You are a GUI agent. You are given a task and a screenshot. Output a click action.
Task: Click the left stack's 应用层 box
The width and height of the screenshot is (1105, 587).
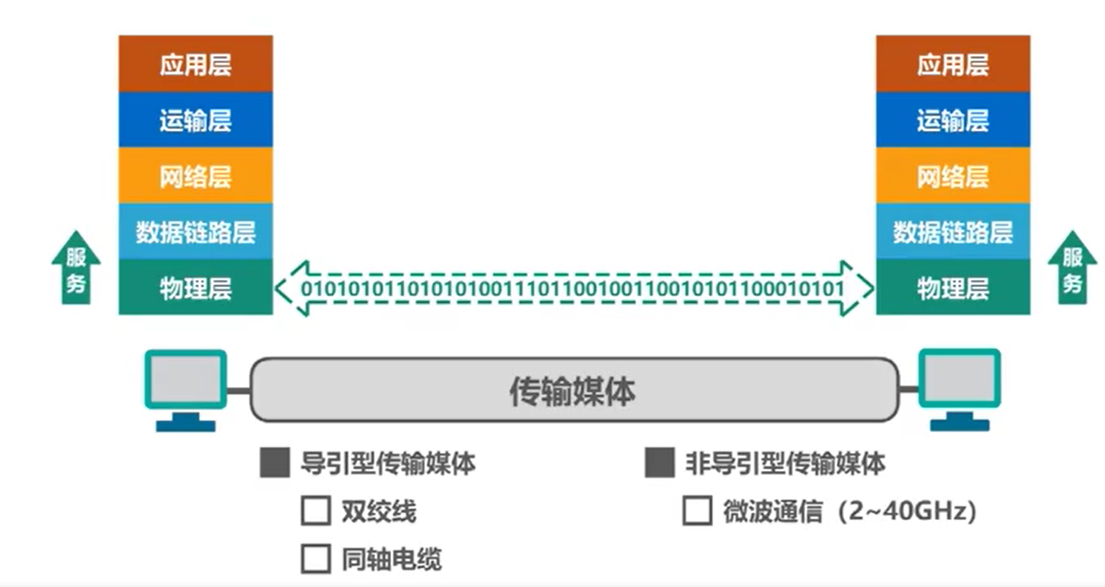[x=195, y=64]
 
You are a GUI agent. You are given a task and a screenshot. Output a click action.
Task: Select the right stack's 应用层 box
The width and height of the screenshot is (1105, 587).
[x=952, y=64]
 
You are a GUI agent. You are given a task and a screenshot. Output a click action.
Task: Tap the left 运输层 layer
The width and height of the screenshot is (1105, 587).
[x=195, y=120]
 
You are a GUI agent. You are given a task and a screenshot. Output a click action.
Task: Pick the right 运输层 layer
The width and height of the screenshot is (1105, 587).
[x=952, y=120]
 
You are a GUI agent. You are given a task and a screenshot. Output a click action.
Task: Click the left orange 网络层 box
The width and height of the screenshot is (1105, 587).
[x=195, y=176]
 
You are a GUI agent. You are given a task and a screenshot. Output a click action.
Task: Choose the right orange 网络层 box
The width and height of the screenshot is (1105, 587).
[x=952, y=176]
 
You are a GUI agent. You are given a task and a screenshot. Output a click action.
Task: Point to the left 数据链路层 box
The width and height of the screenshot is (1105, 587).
[x=195, y=232]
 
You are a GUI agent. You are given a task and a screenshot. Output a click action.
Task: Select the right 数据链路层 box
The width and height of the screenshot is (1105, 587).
[x=952, y=232]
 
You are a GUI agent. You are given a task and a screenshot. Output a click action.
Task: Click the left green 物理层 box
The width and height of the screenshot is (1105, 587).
[x=195, y=288]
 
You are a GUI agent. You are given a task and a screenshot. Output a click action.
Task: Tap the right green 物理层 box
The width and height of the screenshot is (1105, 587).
[x=952, y=288]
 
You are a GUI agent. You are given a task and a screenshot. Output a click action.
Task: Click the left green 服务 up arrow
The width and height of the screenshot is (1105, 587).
[x=76, y=269]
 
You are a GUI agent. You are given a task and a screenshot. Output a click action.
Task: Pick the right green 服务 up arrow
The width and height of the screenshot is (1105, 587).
[x=1072, y=269]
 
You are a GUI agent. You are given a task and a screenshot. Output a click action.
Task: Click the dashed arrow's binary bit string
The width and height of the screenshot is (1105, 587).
[x=573, y=288]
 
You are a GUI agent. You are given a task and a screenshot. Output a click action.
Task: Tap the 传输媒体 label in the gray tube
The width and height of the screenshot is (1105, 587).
[x=573, y=391]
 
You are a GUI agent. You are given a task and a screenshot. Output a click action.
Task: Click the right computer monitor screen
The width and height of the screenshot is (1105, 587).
[x=959, y=379]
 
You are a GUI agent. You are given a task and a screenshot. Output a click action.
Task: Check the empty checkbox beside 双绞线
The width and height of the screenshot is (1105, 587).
[x=316, y=511]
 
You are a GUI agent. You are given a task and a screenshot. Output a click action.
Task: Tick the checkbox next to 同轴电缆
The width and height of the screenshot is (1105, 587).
[x=316, y=559]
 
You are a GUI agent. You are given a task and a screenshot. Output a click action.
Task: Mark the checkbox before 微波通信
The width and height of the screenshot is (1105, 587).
[x=697, y=511]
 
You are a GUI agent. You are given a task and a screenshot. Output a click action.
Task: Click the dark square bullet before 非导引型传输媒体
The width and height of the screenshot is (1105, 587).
[x=659, y=462]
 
